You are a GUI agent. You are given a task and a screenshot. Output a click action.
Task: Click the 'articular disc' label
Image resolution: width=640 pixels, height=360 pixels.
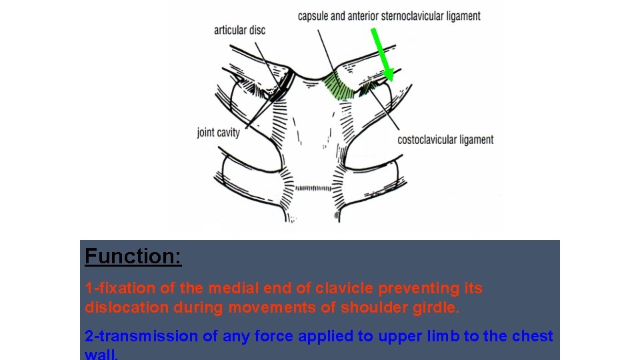click(x=239, y=30)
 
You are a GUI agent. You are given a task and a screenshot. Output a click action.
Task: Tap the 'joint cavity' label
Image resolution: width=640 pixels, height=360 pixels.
click(x=218, y=133)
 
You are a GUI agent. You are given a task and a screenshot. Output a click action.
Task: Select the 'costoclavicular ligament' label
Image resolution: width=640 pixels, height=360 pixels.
click(x=445, y=139)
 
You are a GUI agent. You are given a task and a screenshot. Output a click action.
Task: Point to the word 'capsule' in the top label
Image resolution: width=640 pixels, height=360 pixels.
click(x=315, y=16)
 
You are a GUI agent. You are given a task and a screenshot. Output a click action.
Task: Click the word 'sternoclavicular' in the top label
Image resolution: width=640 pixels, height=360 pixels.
click(x=414, y=16)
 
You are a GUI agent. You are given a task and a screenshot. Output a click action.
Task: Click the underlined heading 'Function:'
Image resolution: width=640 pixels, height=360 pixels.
click(x=133, y=257)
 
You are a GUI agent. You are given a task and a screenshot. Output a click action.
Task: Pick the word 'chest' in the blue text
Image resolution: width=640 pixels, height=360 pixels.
click(x=532, y=336)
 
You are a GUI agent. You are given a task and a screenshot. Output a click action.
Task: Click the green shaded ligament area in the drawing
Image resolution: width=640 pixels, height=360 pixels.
click(x=339, y=87)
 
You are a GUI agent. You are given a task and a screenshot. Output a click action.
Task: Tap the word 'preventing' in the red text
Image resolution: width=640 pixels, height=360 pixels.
click(x=421, y=289)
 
